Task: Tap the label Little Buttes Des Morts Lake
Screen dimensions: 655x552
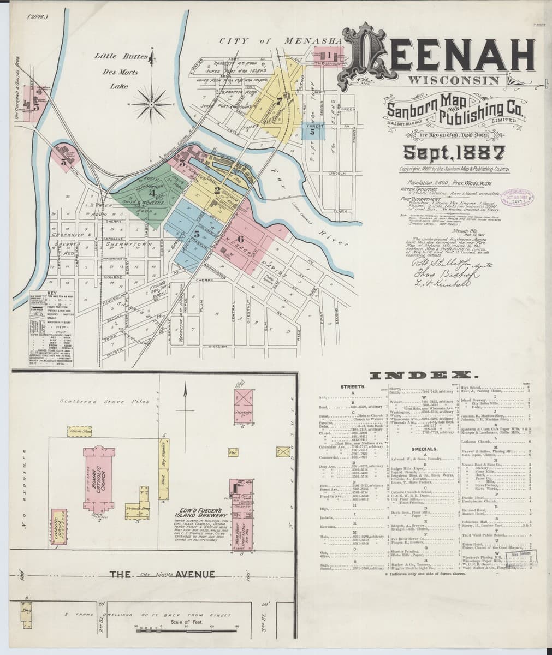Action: point(117,70)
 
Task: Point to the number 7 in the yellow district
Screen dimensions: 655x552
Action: point(279,100)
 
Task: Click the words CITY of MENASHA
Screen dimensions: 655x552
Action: point(280,41)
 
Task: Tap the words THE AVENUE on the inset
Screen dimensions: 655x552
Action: point(161,574)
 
